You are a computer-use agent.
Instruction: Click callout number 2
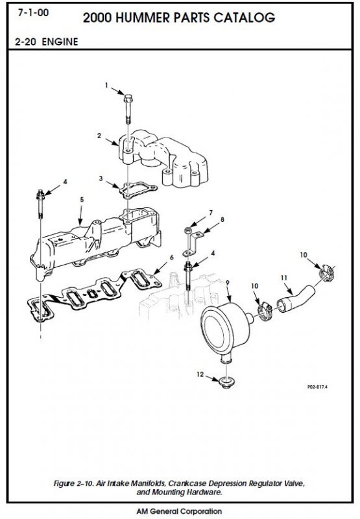(99, 136)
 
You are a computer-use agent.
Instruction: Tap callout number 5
(82, 200)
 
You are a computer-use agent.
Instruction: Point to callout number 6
(171, 257)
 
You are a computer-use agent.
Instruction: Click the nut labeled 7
(187, 230)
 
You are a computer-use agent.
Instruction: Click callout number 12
(200, 374)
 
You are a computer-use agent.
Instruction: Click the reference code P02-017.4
(317, 387)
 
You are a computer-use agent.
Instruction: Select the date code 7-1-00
(34, 13)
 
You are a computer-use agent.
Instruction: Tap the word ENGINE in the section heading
(60, 42)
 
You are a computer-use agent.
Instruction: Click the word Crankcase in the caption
(187, 483)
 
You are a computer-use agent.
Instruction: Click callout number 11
(284, 278)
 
